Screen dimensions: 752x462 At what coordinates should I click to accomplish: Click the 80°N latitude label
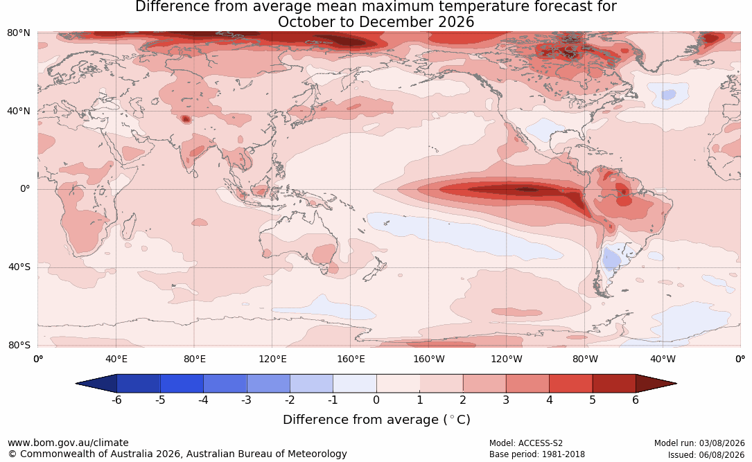(19, 33)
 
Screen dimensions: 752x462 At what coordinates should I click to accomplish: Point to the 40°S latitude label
(19, 267)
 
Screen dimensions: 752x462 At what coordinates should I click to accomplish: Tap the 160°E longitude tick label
(351, 359)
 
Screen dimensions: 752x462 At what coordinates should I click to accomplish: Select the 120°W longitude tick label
(507, 359)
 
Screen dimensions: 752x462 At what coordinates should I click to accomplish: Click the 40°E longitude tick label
(116, 359)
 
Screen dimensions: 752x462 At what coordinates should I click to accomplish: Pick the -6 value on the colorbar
(116, 400)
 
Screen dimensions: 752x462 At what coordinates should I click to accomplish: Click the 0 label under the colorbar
(376, 400)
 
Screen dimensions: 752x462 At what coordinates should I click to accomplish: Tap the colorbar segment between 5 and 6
(614, 384)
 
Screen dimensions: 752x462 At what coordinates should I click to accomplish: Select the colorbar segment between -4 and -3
(225, 384)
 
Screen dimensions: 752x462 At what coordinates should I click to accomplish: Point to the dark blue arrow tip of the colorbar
(77, 384)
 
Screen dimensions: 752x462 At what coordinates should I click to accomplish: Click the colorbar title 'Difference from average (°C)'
(376, 420)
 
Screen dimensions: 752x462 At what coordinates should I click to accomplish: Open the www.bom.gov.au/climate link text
(68, 443)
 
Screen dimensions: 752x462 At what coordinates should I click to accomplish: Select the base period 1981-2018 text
(562, 454)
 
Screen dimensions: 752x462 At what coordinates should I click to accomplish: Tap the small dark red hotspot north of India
(186, 119)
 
